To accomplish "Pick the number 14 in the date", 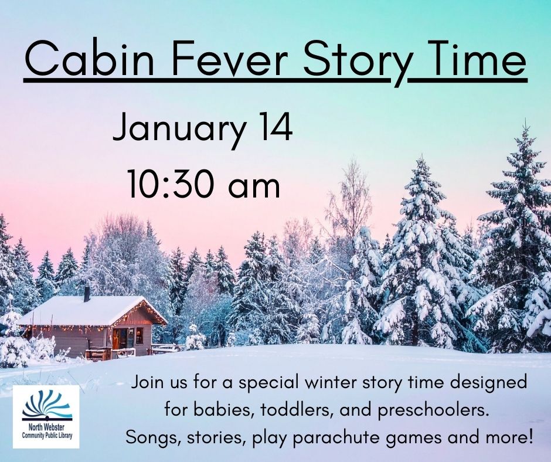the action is click(273, 127).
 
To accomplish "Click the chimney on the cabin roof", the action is click(87, 294).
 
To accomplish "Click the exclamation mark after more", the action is click(530, 437).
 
